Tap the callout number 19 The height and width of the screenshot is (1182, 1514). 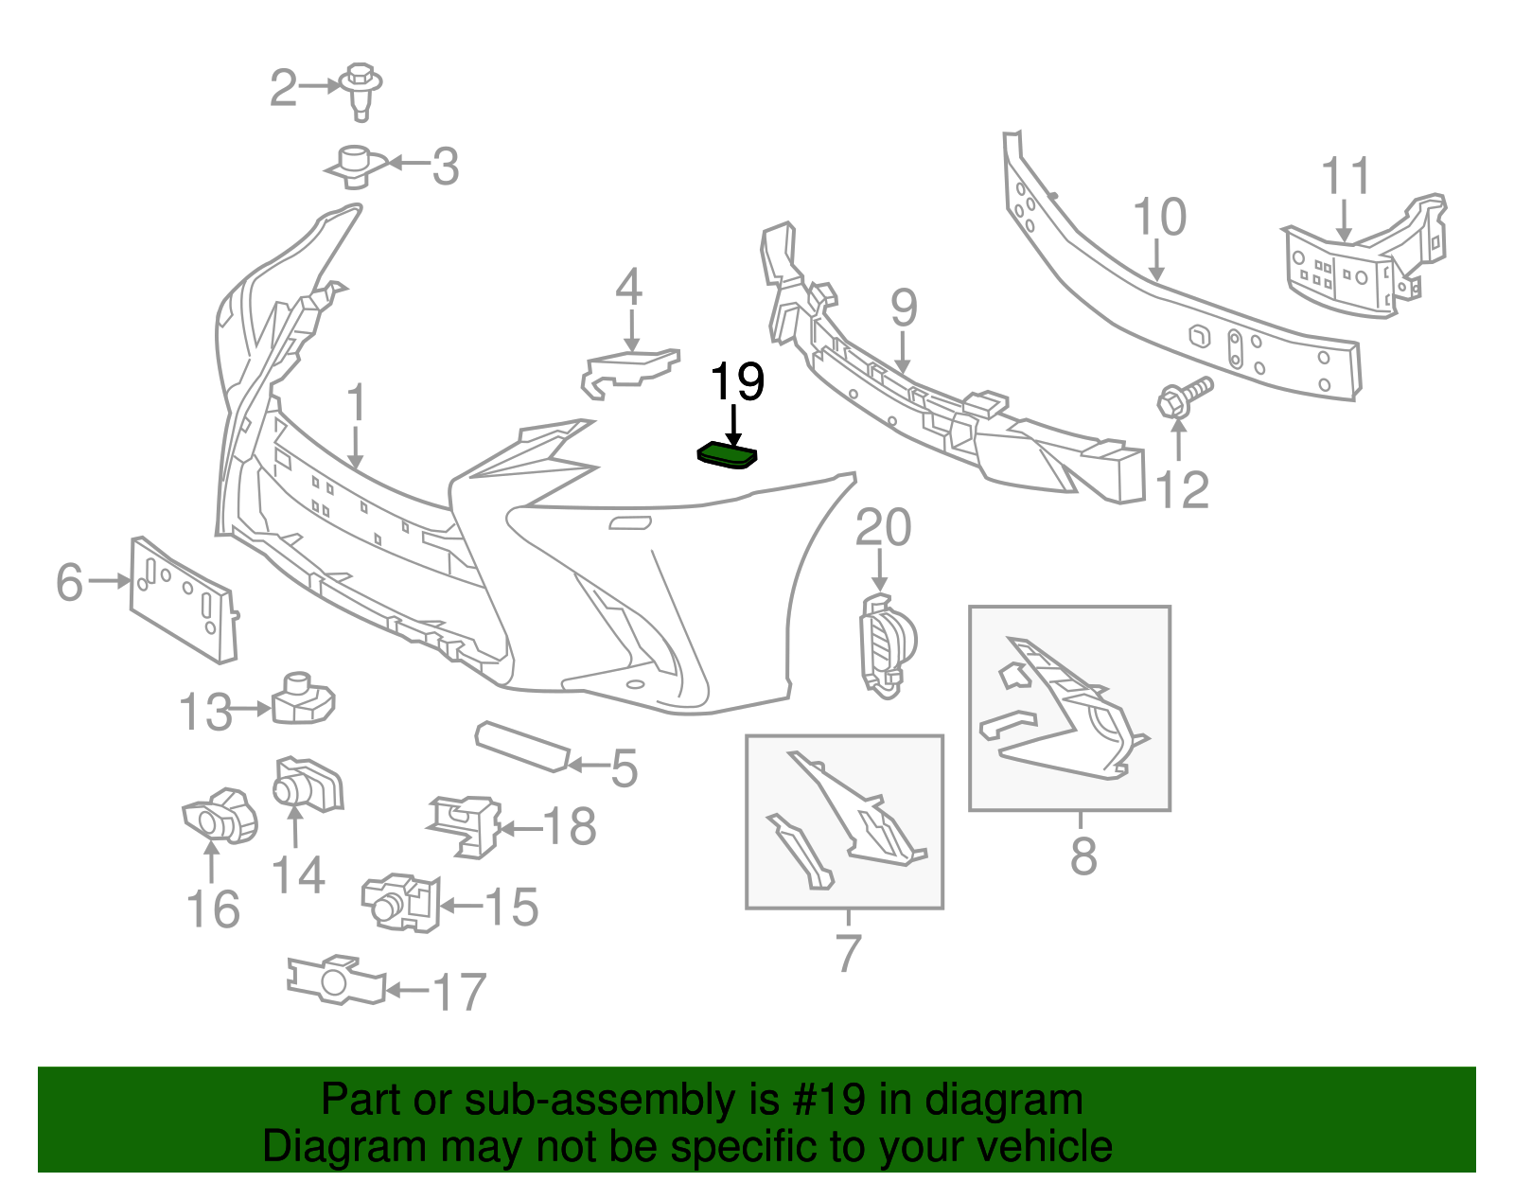[x=736, y=381]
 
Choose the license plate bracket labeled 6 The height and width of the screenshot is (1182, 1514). [x=182, y=598]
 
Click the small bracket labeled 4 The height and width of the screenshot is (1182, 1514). [x=627, y=369]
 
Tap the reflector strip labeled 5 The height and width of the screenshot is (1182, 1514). [x=521, y=747]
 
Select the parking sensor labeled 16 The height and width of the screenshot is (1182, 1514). [x=220, y=815]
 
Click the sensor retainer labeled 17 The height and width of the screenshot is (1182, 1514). [x=335, y=979]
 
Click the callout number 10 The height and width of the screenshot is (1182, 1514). [x=1159, y=217]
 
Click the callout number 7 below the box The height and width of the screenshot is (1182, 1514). [x=848, y=952]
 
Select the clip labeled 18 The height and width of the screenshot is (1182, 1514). [x=466, y=824]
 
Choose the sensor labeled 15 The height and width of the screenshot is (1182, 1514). [x=400, y=900]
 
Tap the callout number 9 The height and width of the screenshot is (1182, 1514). [x=904, y=308]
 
